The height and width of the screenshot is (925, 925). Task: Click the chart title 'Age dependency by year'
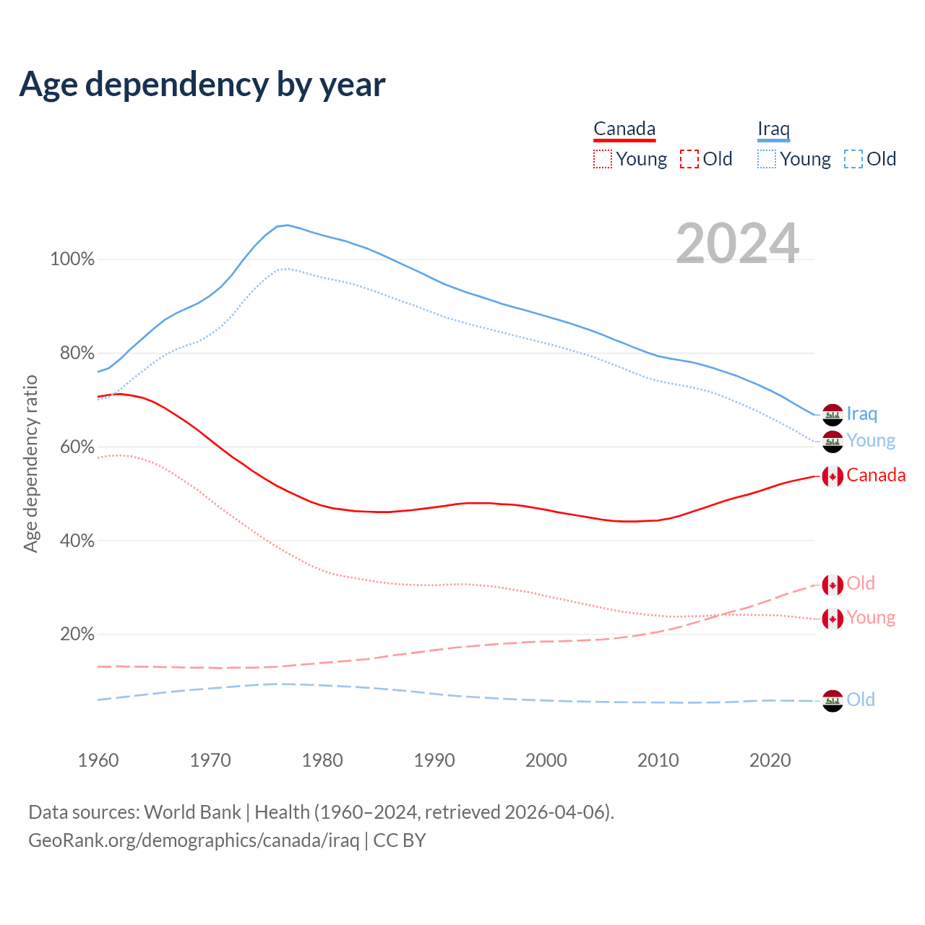pos(202,84)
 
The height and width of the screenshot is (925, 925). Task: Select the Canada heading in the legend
pos(624,129)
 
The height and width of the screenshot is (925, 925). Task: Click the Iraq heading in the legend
pos(773,129)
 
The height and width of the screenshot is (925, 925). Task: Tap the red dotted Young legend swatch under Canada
pos(602,159)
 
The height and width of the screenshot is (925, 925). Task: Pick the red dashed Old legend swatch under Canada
pos(689,159)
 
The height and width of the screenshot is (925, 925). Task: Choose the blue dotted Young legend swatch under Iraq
pos(766,159)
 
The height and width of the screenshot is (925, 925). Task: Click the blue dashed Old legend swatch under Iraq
pos(853,159)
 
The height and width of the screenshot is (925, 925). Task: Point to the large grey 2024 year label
pos(737,244)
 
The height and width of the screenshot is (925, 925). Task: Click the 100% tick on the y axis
pos(72,259)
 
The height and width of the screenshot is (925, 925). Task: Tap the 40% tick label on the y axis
pos(77,541)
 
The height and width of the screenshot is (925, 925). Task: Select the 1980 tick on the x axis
pos(322,760)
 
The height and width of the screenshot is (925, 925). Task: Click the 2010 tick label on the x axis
pos(658,760)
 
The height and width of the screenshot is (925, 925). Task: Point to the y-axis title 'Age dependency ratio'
pos(30,463)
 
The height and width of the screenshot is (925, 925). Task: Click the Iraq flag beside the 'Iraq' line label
pos(832,415)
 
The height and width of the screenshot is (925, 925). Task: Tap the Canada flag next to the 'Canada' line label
pos(832,476)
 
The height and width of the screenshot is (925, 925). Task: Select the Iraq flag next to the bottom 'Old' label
pos(832,700)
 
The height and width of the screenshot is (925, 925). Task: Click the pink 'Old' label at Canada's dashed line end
pos(861,583)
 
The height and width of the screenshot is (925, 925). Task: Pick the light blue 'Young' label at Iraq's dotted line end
pos(871,441)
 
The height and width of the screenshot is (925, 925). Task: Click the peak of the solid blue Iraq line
pos(288,225)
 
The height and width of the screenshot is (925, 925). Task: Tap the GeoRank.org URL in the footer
pos(194,840)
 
